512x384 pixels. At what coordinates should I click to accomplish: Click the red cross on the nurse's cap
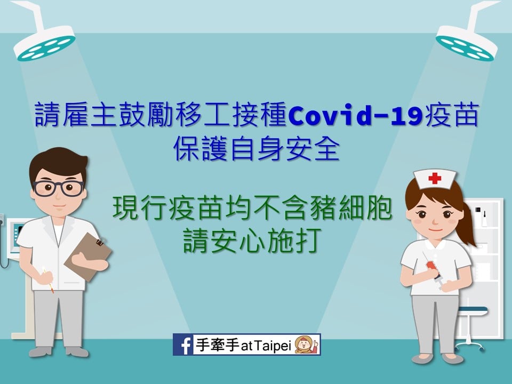coord(435,178)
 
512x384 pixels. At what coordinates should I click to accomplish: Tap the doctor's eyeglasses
coord(59,188)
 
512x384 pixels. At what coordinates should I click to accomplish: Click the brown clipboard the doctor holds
coord(87,256)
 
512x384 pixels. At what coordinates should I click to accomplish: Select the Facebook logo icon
coord(183,345)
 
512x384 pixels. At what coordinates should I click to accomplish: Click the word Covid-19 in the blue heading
coord(356,116)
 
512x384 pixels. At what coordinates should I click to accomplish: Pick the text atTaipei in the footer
coord(266,346)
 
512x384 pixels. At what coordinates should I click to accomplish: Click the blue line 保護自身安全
coord(257,149)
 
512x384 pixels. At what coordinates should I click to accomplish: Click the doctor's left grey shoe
coord(39,351)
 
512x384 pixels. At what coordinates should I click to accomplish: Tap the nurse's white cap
coord(435,179)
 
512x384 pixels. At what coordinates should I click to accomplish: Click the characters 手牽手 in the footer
coord(217,345)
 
